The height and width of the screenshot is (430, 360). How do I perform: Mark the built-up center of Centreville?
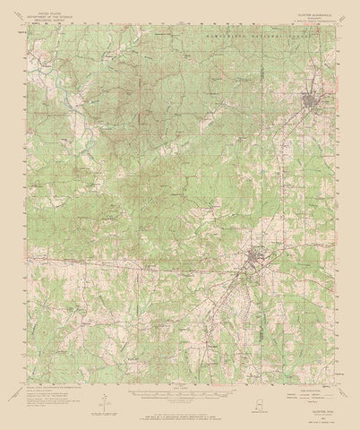point(253,261)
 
